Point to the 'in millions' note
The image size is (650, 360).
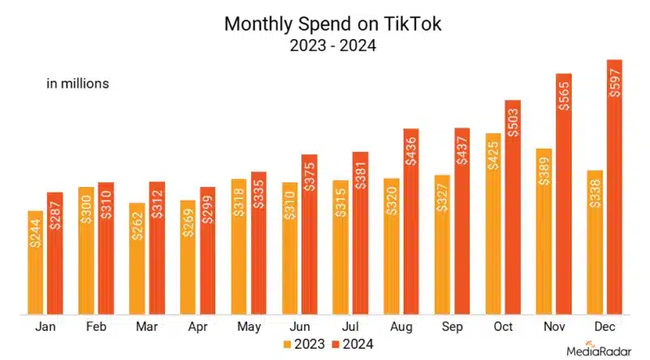(78, 83)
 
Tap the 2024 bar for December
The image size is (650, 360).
(614, 187)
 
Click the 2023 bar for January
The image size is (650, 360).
(35, 262)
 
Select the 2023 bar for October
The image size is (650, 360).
(493, 223)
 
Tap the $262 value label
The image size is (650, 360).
(137, 225)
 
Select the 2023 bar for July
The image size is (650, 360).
(340, 247)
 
